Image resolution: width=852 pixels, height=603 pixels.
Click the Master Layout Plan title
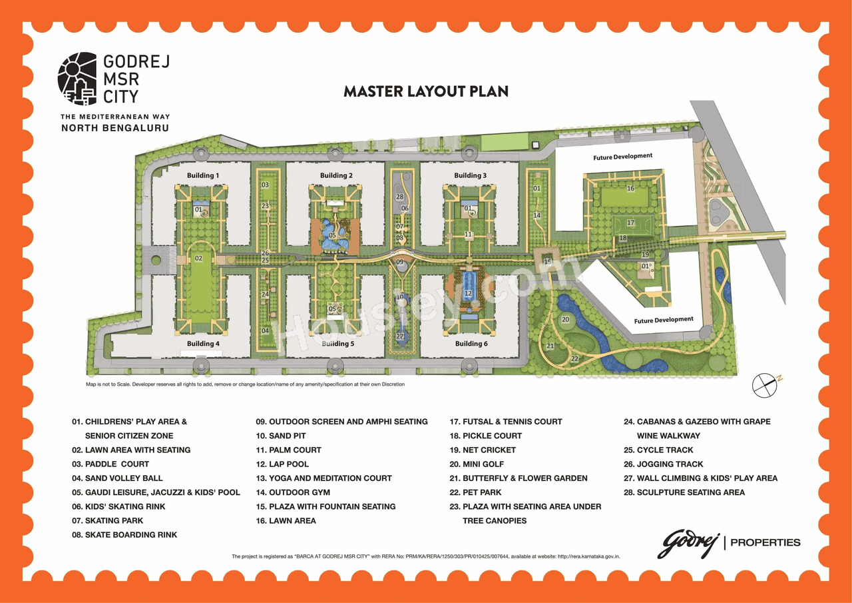[x=425, y=91]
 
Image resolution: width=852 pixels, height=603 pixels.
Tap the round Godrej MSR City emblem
[x=78, y=79]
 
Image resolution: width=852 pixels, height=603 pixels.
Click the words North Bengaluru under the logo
[x=114, y=127]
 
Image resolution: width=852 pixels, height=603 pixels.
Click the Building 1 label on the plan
[x=203, y=175]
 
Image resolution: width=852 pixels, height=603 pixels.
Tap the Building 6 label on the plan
[x=471, y=344]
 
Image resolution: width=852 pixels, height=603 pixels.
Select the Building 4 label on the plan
[x=203, y=344]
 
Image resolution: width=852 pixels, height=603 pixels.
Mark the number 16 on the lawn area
[x=630, y=189]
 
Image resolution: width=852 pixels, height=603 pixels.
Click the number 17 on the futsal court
[x=630, y=223]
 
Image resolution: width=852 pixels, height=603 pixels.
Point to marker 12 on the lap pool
[x=468, y=293]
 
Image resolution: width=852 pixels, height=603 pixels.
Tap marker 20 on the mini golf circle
[x=565, y=320]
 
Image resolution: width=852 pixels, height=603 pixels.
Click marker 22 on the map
[x=574, y=358]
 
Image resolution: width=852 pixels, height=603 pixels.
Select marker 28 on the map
[x=400, y=197]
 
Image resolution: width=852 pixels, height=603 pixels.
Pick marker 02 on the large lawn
[x=198, y=258]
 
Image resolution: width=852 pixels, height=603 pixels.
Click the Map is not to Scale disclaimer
[x=245, y=384]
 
